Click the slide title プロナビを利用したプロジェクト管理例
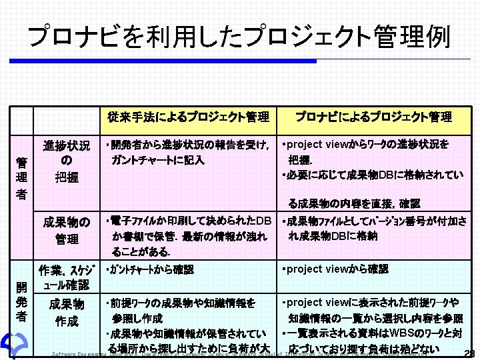(x=239, y=37)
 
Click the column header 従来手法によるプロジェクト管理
(x=189, y=117)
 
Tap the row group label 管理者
(x=22, y=177)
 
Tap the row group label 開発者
(x=22, y=301)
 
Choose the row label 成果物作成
(x=67, y=313)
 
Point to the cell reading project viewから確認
(x=335, y=269)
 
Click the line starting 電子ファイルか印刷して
(x=188, y=221)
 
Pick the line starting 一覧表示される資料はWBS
(x=373, y=333)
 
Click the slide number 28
(x=468, y=353)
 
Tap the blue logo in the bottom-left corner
(x=12, y=345)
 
